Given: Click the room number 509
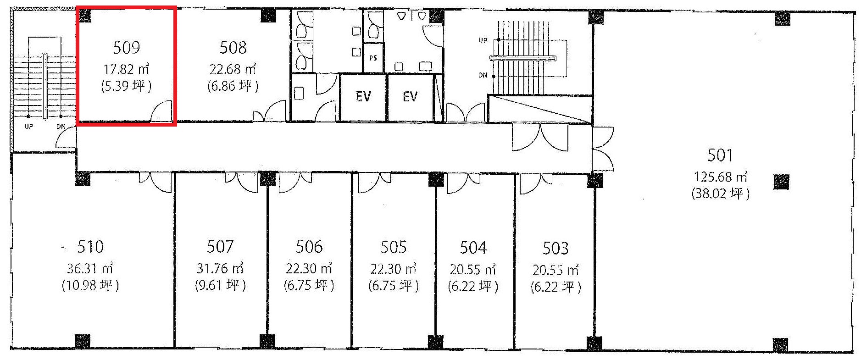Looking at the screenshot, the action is [x=126, y=47].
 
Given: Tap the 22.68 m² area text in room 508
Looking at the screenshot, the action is [x=233, y=69].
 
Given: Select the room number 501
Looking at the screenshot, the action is [x=720, y=155].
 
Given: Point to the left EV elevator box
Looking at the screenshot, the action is [x=363, y=97].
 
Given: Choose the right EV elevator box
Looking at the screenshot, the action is [x=411, y=97].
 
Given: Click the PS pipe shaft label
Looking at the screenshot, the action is [x=373, y=58].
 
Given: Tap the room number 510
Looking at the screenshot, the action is [x=90, y=247].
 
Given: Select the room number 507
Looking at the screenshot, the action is [x=220, y=247].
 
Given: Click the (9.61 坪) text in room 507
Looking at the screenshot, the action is [x=220, y=286].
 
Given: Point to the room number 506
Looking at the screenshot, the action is [x=309, y=247].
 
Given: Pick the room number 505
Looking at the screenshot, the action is [x=394, y=247].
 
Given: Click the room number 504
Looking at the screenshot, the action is [x=473, y=248].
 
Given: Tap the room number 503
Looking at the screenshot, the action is [x=555, y=248].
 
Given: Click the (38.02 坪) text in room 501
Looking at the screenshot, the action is [x=720, y=194].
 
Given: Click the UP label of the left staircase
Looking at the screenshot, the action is [x=28, y=126].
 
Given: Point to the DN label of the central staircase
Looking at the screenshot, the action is [x=483, y=75].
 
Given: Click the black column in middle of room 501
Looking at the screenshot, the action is [x=781, y=182].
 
